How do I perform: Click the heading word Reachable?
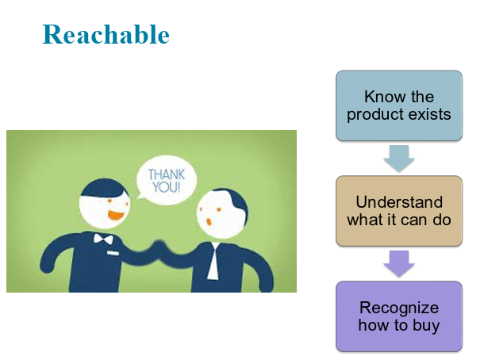tap(106, 35)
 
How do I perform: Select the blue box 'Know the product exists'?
tap(399, 105)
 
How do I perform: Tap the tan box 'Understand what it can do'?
tap(399, 211)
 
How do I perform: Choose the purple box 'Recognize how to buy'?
tap(399, 316)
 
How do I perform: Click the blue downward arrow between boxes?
tap(399, 159)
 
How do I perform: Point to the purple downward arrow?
tap(399, 263)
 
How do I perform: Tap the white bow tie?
tap(103, 239)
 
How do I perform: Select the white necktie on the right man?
tap(213, 262)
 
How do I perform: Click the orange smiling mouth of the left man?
tap(116, 215)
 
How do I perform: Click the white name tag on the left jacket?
tap(113, 253)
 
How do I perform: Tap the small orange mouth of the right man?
tap(209, 221)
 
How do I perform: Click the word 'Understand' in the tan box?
tap(399, 202)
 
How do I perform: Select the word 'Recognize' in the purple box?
tap(399, 308)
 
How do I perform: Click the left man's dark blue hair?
tap(103, 188)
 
